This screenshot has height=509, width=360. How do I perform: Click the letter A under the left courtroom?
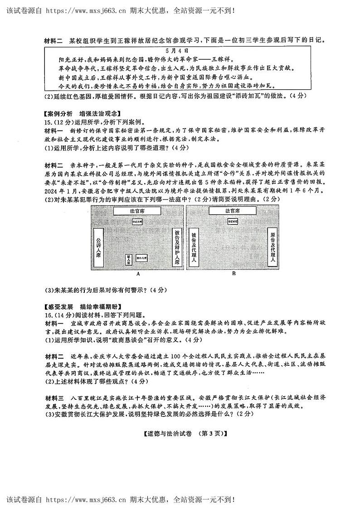(x=137, y=274)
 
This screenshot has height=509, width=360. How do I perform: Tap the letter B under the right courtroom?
(x=234, y=274)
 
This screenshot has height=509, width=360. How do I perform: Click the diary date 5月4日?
(x=180, y=52)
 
